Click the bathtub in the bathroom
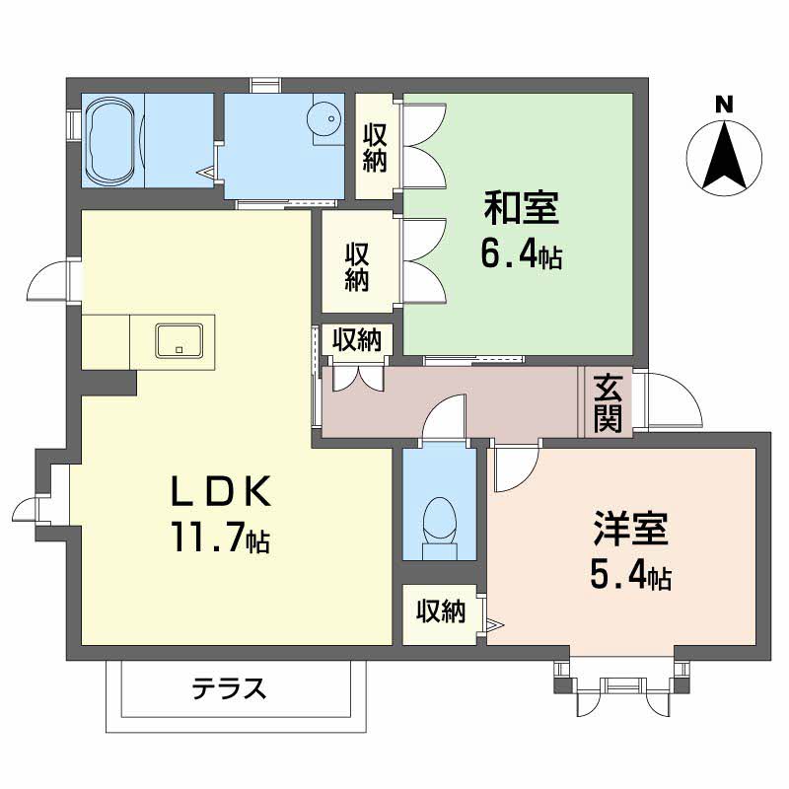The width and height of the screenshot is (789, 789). point(110,141)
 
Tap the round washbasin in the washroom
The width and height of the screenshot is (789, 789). point(325,118)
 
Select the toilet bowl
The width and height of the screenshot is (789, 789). point(440,528)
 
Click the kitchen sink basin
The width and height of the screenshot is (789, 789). point(179,340)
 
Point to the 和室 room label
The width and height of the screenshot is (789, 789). point(522,208)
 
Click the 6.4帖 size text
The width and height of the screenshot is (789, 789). point(522,255)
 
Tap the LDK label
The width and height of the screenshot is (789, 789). point(222,491)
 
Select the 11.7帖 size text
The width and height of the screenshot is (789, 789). point(221,537)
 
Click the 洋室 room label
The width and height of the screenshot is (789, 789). point(631,529)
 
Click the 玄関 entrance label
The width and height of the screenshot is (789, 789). point(608,403)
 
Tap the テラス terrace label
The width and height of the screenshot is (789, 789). point(229,688)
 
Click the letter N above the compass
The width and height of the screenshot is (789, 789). point(725,106)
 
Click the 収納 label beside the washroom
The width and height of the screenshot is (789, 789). point(375,149)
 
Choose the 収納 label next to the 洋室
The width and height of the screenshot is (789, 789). point(441,611)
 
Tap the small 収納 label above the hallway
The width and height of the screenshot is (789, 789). point(356,339)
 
